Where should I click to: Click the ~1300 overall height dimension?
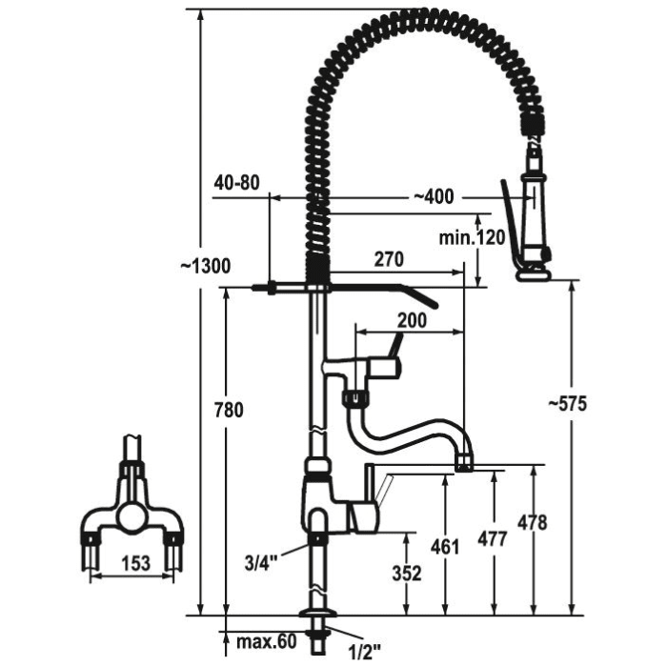(205, 267)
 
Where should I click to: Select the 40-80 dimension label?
(238, 182)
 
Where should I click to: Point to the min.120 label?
(473, 237)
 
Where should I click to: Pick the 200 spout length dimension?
(411, 321)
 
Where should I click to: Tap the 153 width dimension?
(136, 564)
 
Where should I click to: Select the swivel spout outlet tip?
(464, 463)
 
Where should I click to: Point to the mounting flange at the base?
(316, 616)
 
